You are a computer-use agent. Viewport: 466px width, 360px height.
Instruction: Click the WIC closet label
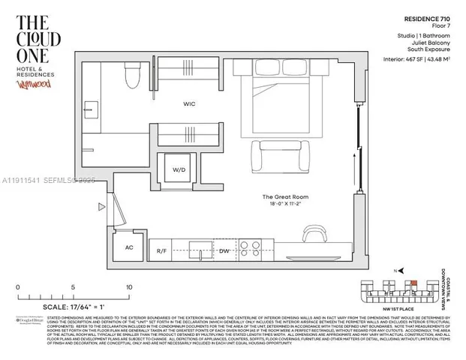coord(189,103)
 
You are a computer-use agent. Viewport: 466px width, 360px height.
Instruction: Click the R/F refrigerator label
coord(161,250)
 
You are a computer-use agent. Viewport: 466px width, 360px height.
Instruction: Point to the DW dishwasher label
coord(224,250)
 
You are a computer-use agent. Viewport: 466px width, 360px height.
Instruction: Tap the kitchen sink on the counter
coord(199,248)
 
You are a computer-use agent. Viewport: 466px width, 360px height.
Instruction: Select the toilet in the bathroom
coord(132,73)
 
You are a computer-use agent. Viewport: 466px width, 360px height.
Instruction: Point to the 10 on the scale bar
coord(129,287)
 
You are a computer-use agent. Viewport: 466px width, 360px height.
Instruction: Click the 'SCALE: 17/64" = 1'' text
coord(62,307)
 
